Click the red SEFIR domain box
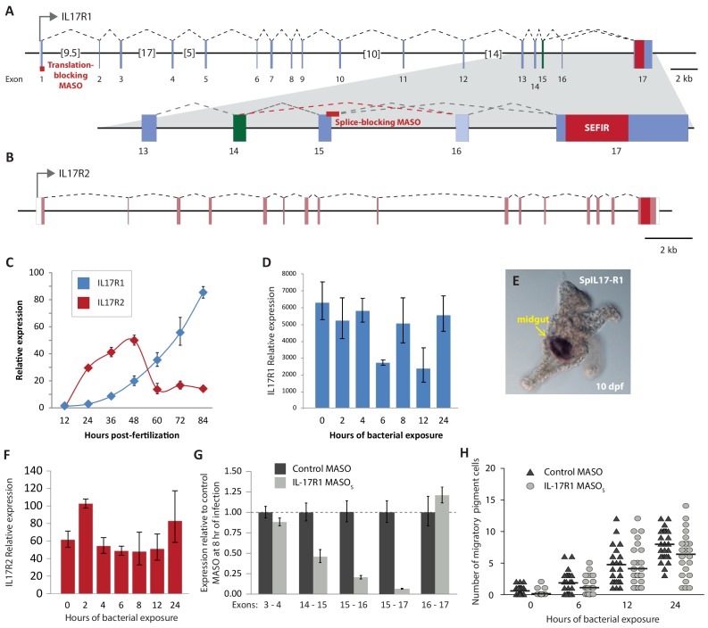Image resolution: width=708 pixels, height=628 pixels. pos(596,128)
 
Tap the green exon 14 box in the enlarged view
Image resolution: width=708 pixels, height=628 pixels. pos(239,128)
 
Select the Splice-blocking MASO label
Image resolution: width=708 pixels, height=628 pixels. pos(378,122)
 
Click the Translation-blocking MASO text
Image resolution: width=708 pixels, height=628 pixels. pos(71,75)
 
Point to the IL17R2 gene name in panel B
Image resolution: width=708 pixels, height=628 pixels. pos(74,174)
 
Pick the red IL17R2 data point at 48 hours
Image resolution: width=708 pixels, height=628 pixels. pos(134,340)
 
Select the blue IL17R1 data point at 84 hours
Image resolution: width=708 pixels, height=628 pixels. pos(204,293)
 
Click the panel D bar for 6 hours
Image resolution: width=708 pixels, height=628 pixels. pos(382,384)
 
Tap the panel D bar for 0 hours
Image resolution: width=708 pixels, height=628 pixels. pos(322,355)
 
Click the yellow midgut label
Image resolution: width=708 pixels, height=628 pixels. pos(533,319)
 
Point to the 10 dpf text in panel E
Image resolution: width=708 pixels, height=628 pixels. pos(609,386)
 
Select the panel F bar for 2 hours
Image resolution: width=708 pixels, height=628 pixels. pos(86,548)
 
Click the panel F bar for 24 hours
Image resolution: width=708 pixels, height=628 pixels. pos(175,558)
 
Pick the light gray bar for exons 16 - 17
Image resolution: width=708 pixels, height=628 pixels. pos(442,544)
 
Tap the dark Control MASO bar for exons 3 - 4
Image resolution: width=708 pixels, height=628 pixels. pos(265,553)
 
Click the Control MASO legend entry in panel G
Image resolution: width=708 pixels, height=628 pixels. pos(312,468)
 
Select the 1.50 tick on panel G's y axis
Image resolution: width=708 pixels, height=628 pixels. pos(232,471)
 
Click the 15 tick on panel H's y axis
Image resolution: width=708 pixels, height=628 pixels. pos(490,500)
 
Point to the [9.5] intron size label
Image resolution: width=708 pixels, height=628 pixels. pos(70,53)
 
